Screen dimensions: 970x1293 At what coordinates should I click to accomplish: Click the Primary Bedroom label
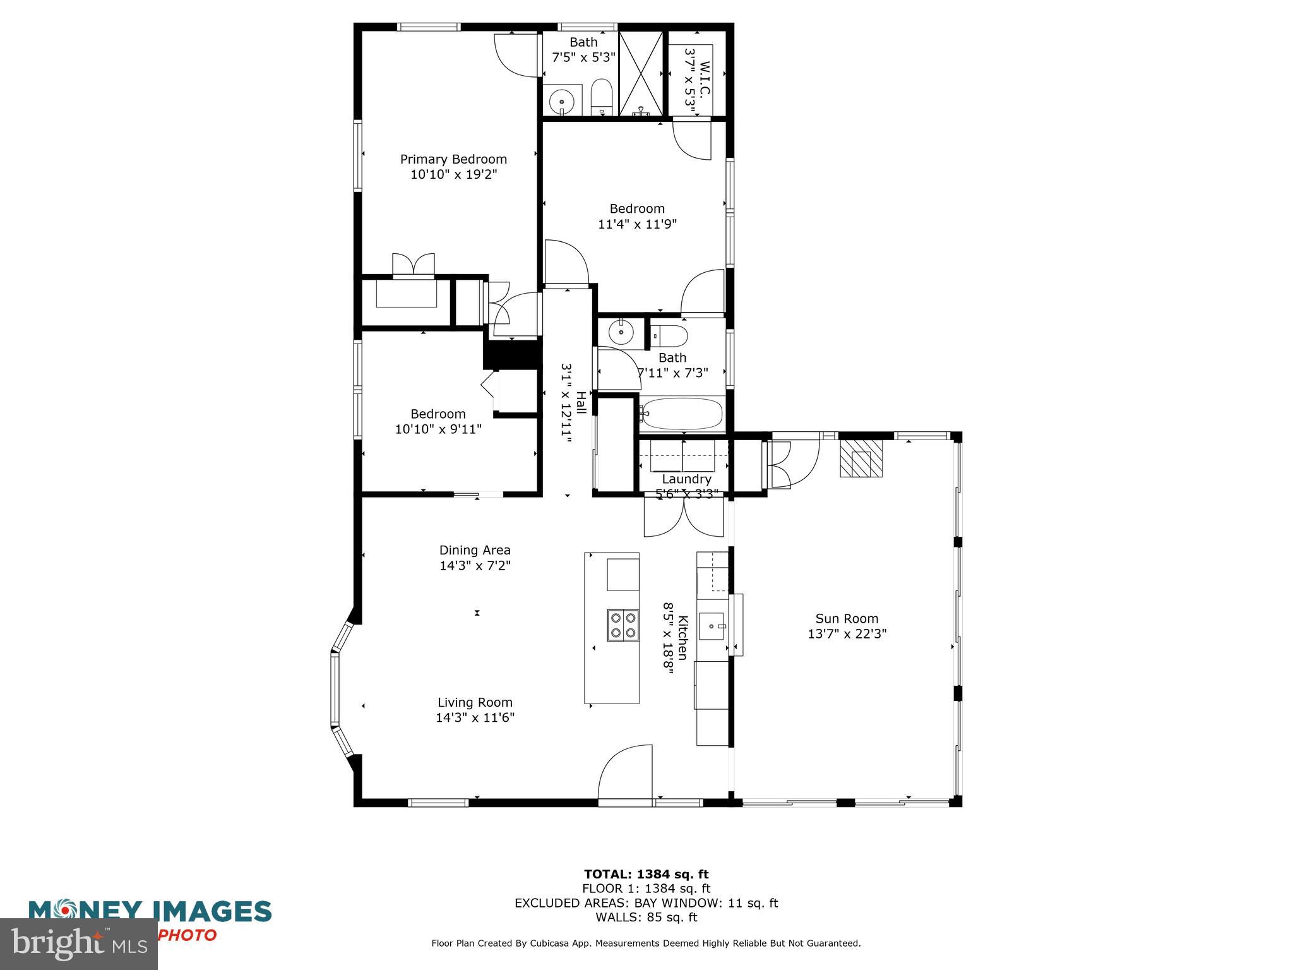(453, 159)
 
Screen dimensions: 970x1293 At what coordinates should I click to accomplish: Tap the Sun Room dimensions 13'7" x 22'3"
(847, 634)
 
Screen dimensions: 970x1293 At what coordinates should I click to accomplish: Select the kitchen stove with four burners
(623, 625)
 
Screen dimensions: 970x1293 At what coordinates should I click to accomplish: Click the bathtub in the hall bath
(682, 414)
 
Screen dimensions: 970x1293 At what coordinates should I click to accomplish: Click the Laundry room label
(686, 479)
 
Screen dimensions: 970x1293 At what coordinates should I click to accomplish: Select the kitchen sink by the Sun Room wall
(715, 626)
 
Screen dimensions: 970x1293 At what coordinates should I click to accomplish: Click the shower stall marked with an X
(641, 73)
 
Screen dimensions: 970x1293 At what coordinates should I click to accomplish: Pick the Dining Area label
(475, 550)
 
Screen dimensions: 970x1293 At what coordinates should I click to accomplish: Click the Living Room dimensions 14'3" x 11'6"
(475, 717)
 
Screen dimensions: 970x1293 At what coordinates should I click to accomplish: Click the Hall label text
(581, 403)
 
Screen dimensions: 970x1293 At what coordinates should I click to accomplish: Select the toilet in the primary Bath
(602, 97)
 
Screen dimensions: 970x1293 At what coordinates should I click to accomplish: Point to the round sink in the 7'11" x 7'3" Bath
(622, 332)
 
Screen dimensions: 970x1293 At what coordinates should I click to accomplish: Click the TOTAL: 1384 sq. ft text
(646, 874)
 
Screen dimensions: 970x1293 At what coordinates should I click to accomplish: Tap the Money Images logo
(150, 912)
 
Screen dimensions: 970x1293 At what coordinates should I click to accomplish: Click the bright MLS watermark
(78, 945)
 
